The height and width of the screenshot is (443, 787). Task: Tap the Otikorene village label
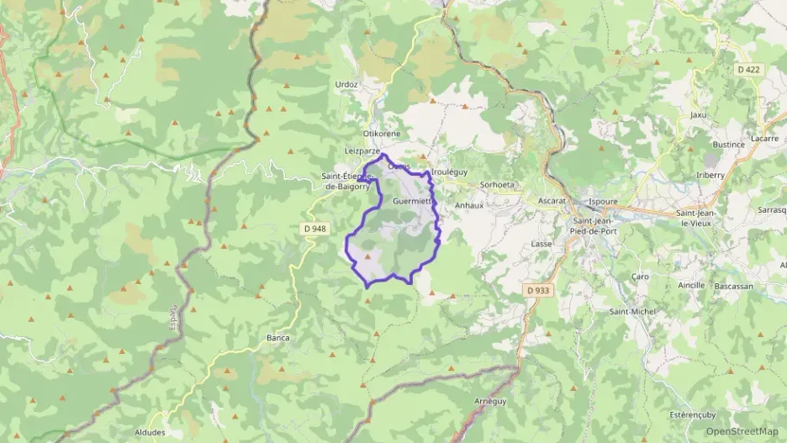coord(381,134)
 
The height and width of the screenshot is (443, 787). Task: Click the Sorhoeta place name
coord(495,184)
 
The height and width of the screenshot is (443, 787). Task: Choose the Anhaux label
coord(468,204)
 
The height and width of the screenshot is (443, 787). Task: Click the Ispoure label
coord(603,202)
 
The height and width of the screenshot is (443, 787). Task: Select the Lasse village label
coord(541,244)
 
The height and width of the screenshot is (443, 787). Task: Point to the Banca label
coord(277,338)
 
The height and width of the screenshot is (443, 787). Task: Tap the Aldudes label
coord(173,432)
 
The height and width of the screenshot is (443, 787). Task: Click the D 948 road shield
coord(314,229)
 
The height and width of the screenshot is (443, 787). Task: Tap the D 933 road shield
coord(539,290)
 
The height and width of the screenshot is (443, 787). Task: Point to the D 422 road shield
coord(751,70)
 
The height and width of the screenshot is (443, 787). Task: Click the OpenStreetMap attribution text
coord(742,431)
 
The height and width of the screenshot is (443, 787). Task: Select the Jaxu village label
coord(697,114)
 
